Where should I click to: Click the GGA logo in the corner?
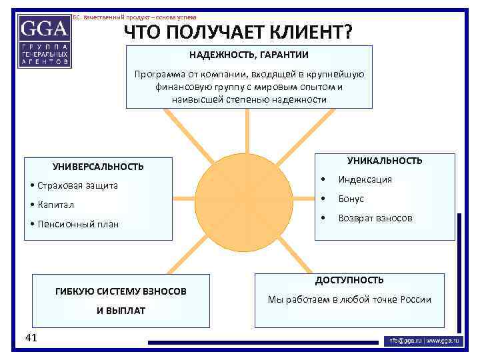click(45, 40)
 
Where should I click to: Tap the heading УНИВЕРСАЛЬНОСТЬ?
click(98, 167)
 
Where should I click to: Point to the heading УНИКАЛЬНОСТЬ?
click(385, 161)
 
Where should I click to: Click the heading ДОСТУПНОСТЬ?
click(349, 280)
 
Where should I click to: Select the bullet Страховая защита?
click(74, 185)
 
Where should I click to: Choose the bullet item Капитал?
click(53, 205)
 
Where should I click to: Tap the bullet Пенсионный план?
click(75, 224)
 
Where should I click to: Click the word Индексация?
click(365, 179)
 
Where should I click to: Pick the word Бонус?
click(351, 199)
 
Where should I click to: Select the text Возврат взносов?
click(375, 218)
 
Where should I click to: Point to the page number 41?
click(31, 338)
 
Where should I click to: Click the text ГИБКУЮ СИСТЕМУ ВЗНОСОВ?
click(121, 291)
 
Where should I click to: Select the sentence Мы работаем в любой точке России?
click(349, 299)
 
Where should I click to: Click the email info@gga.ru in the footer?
click(406, 341)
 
